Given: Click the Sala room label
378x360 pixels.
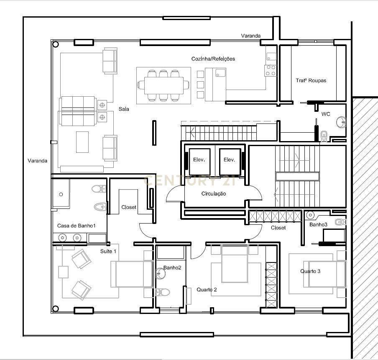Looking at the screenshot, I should click(x=123, y=109).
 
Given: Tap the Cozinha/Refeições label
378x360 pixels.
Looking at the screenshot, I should click(x=213, y=59).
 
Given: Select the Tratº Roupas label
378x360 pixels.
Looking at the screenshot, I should click(x=311, y=80).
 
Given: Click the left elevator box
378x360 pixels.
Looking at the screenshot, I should click(x=200, y=160).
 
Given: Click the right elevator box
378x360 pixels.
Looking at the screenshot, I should click(x=230, y=160).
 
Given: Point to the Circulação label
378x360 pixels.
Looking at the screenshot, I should click(x=214, y=194).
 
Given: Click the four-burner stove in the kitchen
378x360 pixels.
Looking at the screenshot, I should click(x=271, y=70).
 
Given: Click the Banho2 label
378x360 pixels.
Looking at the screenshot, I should click(x=172, y=267).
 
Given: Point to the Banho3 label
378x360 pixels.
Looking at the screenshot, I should click(x=318, y=225).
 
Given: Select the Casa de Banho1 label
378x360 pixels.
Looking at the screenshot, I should click(x=77, y=226).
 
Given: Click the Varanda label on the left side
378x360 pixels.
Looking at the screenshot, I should click(x=38, y=161).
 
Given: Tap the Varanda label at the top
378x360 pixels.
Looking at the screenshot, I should click(x=250, y=36).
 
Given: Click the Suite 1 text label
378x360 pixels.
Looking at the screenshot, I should click(x=108, y=251).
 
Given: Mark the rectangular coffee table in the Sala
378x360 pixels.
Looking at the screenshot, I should click(x=82, y=142).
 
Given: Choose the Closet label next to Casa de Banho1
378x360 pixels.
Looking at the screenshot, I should click(x=129, y=207).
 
